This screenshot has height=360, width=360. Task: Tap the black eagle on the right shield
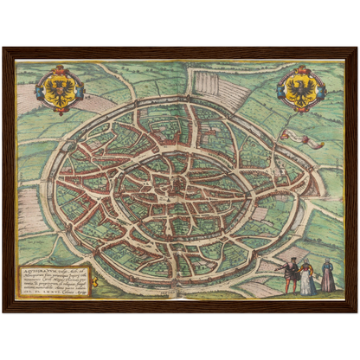[x=299, y=87]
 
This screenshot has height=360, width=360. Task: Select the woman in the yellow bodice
[x=306, y=278]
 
